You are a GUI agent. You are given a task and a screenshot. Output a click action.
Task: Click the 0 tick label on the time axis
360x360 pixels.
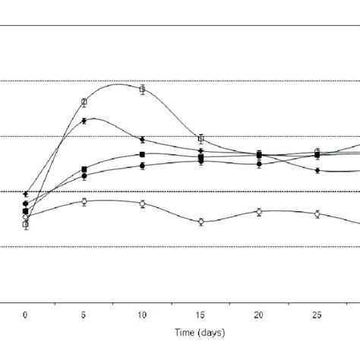(x=26, y=314)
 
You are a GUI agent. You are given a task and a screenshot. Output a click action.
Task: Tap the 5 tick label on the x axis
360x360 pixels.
(x=84, y=314)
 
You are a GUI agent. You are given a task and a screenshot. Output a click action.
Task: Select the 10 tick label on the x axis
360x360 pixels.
(x=142, y=314)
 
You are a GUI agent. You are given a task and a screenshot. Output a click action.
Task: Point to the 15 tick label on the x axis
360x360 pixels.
(x=201, y=314)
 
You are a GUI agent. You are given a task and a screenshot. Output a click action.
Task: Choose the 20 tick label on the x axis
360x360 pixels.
(x=259, y=314)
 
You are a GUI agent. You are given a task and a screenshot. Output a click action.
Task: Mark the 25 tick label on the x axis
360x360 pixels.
(x=317, y=314)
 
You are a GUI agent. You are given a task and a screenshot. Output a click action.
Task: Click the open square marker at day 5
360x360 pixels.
(x=84, y=101)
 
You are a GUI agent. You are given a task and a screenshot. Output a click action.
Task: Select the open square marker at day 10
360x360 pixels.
(x=142, y=89)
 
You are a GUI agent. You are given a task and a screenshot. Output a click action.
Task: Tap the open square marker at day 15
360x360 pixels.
(x=201, y=138)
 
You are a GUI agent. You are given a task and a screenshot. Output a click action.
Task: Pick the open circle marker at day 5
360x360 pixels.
(x=84, y=201)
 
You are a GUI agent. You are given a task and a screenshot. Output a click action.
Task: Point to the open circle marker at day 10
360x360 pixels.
(x=142, y=203)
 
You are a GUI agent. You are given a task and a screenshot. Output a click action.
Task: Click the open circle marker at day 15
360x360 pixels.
(x=201, y=222)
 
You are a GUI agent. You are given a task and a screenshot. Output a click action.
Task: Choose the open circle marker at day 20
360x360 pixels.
(x=259, y=211)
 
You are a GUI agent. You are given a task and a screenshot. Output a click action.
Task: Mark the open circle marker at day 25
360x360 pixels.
(x=317, y=214)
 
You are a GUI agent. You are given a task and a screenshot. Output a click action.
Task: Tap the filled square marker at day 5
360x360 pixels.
(x=84, y=169)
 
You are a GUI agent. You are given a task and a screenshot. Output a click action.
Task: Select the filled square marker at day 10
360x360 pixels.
(x=142, y=154)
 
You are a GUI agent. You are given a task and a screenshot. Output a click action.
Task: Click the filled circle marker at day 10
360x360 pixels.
(x=142, y=166)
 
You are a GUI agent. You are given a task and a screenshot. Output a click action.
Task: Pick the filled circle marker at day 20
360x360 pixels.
(x=259, y=164)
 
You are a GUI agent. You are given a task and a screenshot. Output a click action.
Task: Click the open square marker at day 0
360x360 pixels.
(x=26, y=224)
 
